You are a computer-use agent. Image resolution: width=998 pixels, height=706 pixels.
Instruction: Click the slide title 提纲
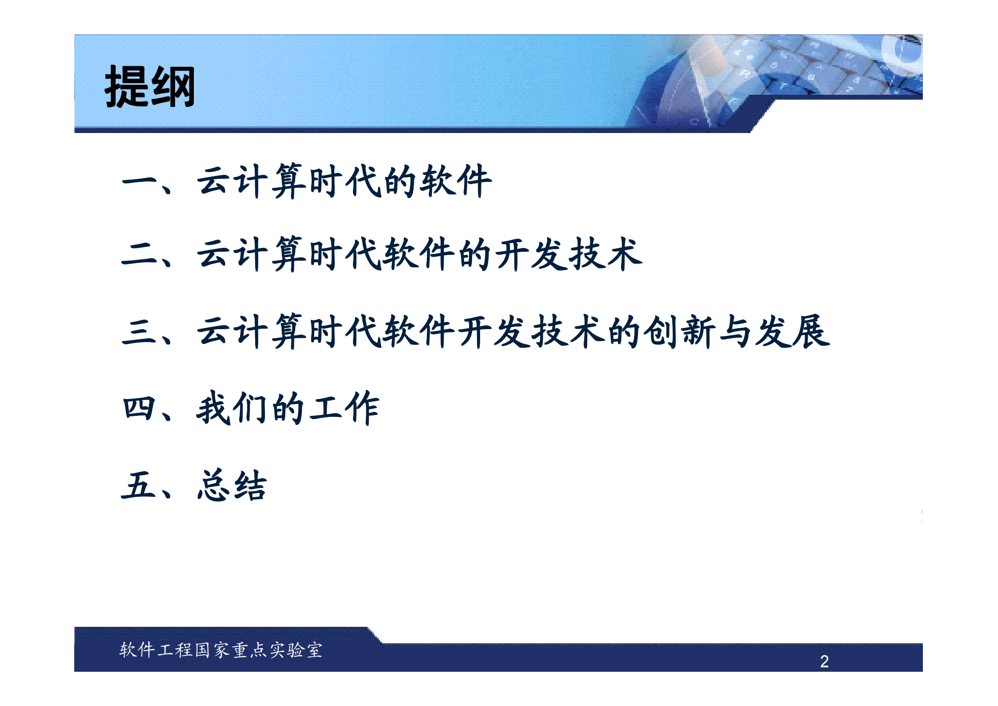(x=150, y=86)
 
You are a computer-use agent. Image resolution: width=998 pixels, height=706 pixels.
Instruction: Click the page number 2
(x=824, y=661)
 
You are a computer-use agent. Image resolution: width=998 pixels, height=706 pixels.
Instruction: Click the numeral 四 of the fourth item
(x=139, y=408)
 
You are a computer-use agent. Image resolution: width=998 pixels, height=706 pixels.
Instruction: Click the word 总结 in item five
(x=232, y=485)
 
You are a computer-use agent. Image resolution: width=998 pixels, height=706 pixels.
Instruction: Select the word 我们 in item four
(x=232, y=408)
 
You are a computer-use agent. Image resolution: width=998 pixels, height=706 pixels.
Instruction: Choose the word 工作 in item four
(x=345, y=408)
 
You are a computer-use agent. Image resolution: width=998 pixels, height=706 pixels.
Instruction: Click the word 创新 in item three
(x=680, y=331)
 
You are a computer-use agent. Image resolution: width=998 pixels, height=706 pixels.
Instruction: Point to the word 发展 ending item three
(x=793, y=331)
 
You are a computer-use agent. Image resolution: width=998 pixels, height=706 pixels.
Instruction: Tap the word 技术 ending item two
(x=605, y=254)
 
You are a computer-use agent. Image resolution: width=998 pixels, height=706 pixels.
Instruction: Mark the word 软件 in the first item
(x=456, y=181)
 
